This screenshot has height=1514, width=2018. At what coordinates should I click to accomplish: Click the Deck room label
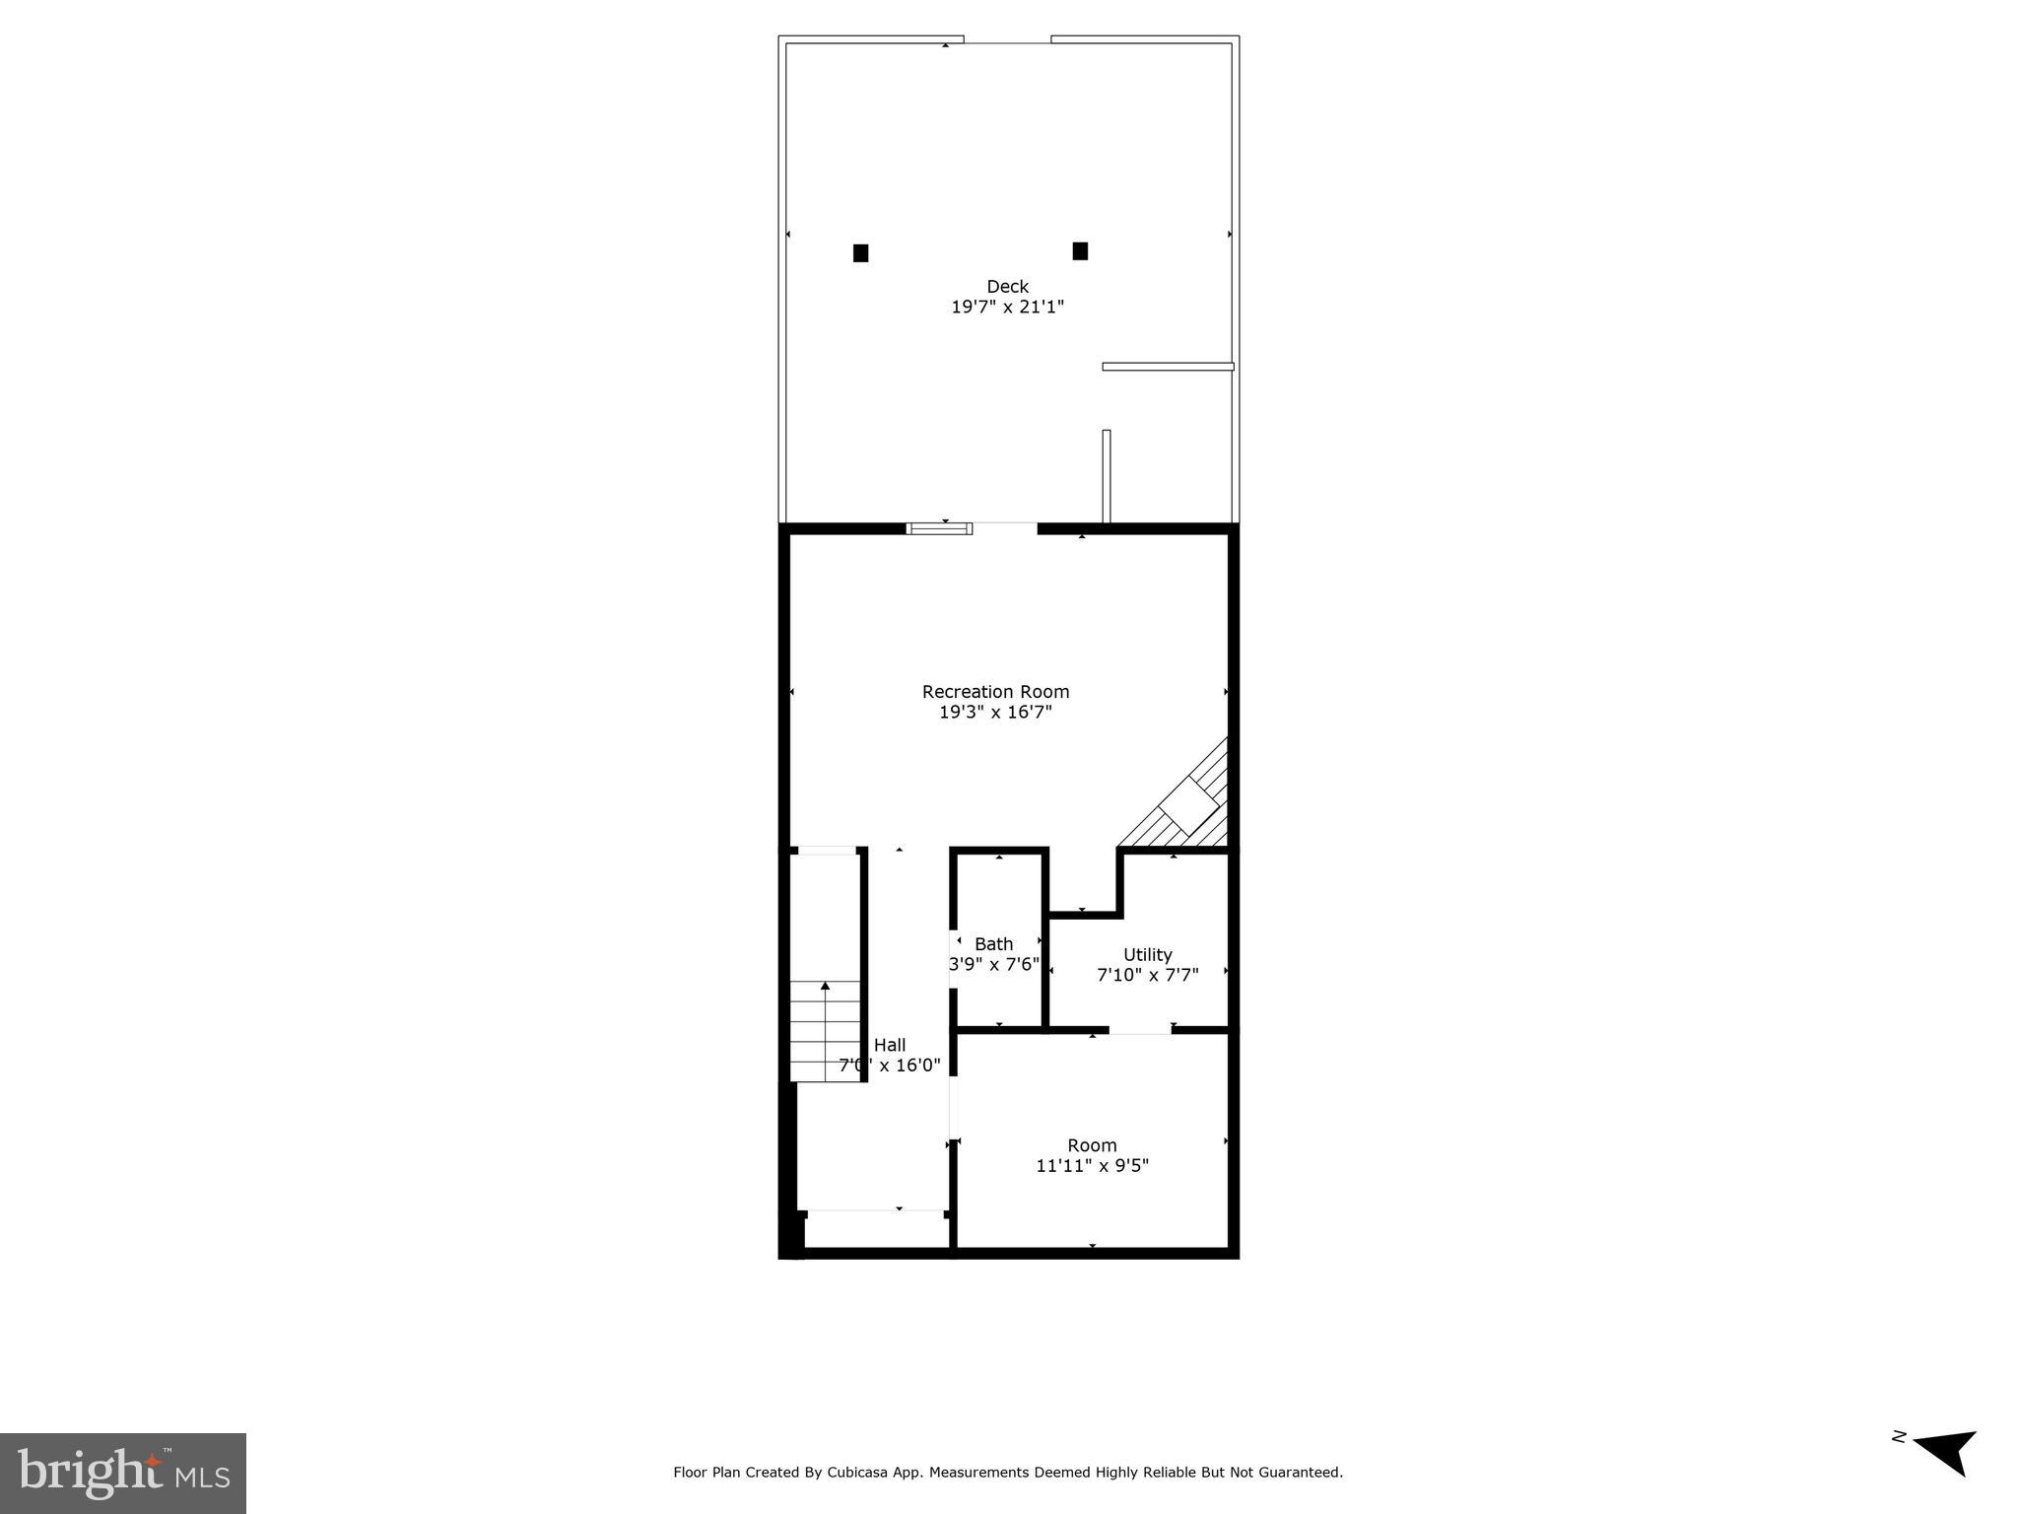click(1007, 287)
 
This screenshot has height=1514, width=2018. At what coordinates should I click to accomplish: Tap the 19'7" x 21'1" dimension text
click(1007, 308)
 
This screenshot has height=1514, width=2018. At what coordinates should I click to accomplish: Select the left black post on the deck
click(860, 253)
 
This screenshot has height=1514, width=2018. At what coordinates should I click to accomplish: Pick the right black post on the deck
click(1080, 251)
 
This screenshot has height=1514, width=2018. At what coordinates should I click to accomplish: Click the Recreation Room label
click(995, 692)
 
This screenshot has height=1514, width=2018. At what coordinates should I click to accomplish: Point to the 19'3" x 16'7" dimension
click(995, 713)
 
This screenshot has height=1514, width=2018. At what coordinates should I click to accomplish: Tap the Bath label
click(993, 944)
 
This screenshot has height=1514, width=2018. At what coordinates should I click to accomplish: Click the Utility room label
click(1148, 955)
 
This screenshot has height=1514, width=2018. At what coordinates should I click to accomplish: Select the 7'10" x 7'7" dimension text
click(1148, 976)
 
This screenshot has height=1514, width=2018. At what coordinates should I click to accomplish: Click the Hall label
click(890, 1046)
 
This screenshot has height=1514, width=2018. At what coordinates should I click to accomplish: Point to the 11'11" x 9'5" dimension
click(1092, 1166)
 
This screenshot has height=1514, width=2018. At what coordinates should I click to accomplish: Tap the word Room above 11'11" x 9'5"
click(1092, 1145)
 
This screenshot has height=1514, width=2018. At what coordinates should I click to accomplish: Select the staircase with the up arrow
click(826, 1030)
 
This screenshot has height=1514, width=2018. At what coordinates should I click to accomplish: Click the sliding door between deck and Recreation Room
click(939, 528)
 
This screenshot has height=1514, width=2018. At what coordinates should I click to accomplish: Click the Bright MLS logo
click(123, 1473)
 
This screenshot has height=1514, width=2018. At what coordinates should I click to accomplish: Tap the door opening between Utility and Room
click(1140, 1030)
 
